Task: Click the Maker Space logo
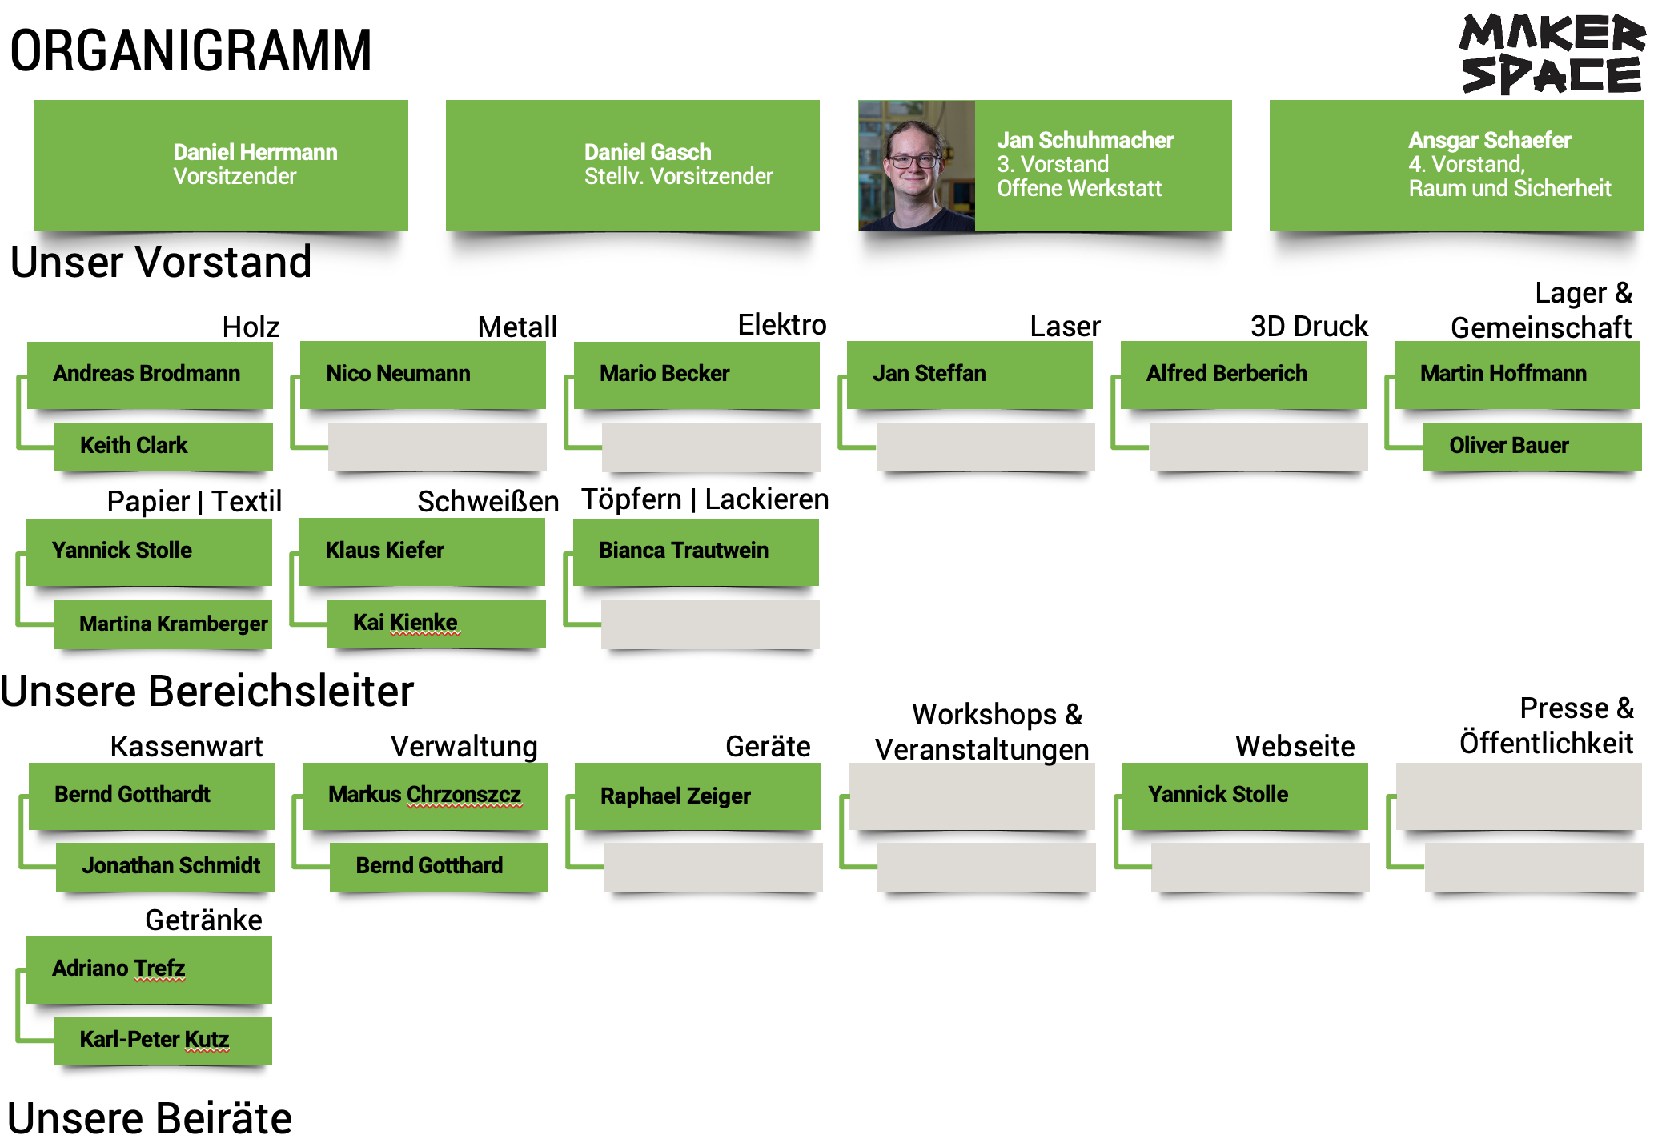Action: tap(1552, 54)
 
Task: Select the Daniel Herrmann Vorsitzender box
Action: tap(221, 165)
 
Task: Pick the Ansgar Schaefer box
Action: tap(1455, 165)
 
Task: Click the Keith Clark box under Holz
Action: tap(163, 446)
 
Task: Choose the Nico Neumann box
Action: tap(423, 374)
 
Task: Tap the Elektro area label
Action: tap(781, 325)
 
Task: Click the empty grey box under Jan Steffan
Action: tap(985, 447)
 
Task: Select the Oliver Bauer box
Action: tap(1532, 446)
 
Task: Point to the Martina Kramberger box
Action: tap(163, 624)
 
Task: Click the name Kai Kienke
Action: tap(405, 623)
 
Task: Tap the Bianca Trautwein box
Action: tap(696, 551)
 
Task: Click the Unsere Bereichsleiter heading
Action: tap(207, 692)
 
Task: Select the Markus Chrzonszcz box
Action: tap(425, 795)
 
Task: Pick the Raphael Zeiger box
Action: tap(697, 796)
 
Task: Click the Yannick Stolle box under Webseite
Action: tap(1244, 795)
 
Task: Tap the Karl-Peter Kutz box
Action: tap(163, 1040)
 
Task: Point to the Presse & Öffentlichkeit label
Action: tap(1546, 726)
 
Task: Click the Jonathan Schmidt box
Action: tap(166, 866)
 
